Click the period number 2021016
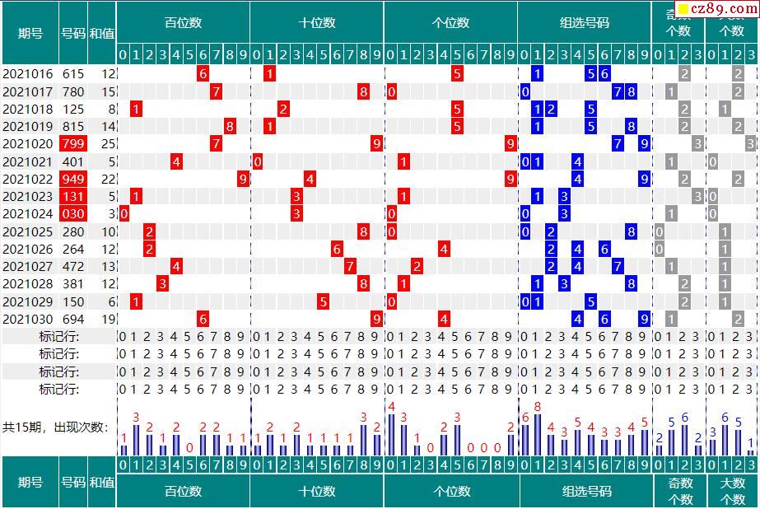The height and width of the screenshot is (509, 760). tap(28, 73)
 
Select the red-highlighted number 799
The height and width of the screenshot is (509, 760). tap(72, 144)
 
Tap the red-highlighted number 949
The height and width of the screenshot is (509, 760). tap(72, 179)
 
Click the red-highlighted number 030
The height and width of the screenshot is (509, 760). tap(72, 214)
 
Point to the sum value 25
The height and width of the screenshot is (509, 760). tap(108, 144)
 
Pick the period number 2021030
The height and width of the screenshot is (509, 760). tap(28, 320)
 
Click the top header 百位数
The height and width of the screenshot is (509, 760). tap(183, 23)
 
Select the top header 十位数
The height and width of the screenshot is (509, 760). tap(317, 23)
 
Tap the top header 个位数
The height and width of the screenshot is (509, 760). tap(450, 23)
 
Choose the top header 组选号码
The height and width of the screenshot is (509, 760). tap(585, 23)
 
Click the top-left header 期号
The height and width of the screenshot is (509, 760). tap(30, 33)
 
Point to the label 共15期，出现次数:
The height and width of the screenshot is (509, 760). tap(55, 427)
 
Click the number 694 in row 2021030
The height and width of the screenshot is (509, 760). tap(72, 320)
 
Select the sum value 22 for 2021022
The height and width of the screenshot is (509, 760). tap(108, 179)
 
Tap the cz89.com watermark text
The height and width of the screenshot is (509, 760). tap(722, 8)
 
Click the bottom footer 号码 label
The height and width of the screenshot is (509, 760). tap(73, 483)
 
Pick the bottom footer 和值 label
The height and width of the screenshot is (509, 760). tap(102, 483)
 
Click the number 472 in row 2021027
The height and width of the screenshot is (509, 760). tap(72, 267)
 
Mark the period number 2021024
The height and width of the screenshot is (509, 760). tap(28, 214)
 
